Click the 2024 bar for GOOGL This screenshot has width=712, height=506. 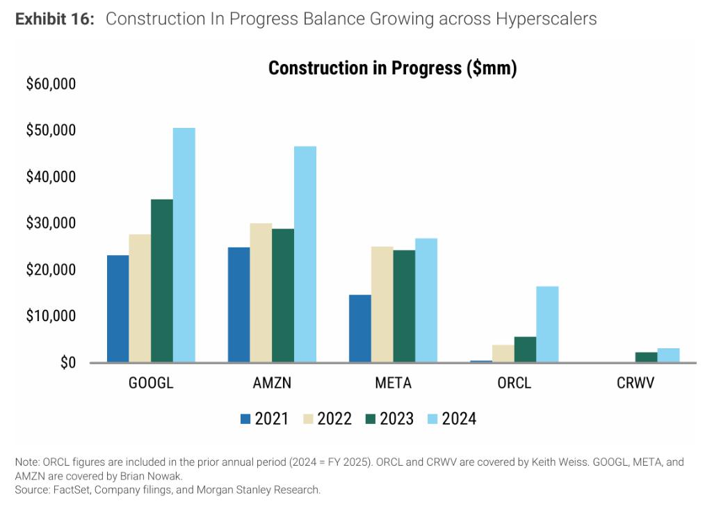(x=184, y=245)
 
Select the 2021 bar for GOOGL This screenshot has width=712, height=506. (x=118, y=309)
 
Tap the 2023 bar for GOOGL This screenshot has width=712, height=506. (x=162, y=281)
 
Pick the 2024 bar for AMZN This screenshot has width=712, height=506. (x=305, y=254)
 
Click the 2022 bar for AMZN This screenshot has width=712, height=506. (x=261, y=293)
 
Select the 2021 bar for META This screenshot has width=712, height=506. (x=360, y=328)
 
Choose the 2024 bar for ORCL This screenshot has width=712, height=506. (x=547, y=324)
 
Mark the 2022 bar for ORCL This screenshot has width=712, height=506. (x=503, y=353)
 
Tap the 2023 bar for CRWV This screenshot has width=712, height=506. (x=647, y=357)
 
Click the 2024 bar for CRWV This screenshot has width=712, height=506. (x=668, y=355)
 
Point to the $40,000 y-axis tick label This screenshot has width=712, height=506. (x=51, y=177)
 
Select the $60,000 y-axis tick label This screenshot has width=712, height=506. (x=51, y=84)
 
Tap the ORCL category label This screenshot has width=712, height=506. (x=514, y=383)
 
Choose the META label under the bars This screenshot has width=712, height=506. (x=393, y=383)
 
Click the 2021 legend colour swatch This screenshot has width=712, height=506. (x=245, y=418)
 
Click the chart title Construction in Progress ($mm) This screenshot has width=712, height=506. (x=392, y=68)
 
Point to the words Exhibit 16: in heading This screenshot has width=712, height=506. (x=55, y=19)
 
